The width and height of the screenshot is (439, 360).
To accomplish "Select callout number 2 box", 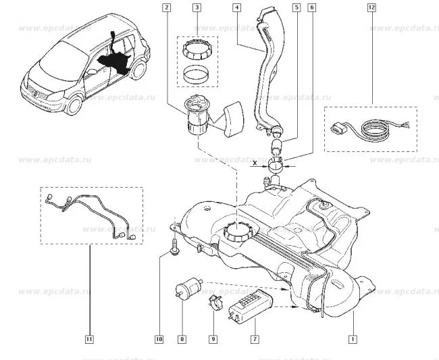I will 166,8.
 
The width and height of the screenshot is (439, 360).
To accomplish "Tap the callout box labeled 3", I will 197,8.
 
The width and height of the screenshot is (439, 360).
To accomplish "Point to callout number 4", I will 237,8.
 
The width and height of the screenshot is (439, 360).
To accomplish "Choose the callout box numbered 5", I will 296,8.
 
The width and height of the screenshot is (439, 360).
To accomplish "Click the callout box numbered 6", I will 311,8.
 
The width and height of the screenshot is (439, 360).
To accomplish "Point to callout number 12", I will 371,8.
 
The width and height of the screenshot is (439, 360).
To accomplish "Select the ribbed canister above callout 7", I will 251,304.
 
